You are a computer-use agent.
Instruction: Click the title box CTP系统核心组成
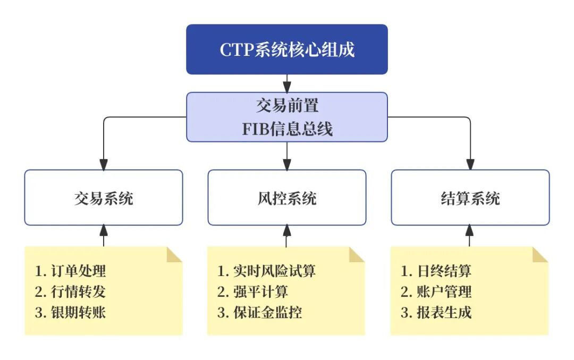click(287, 49)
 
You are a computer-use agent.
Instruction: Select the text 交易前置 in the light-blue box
click(287, 106)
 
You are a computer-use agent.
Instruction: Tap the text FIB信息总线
click(287, 129)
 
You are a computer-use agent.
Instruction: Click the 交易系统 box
click(104, 198)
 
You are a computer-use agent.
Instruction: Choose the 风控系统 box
click(287, 198)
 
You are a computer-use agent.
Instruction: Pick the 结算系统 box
click(470, 198)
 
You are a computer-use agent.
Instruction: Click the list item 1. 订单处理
click(71, 271)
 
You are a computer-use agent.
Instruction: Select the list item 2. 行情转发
click(71, 291)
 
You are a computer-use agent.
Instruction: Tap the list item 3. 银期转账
click(71, 312)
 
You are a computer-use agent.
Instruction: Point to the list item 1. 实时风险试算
click(266, 271)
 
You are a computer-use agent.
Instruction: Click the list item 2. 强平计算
click(253, 291)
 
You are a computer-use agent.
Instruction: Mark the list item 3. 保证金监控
click(260, 312)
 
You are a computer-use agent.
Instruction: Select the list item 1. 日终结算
click(436, 271)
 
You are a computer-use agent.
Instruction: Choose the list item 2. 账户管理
click(436, 291)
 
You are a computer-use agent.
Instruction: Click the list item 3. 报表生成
click(436, 312)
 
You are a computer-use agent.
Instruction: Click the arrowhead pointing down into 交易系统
click(104, 164)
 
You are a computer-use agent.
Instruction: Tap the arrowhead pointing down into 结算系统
click(470, 164)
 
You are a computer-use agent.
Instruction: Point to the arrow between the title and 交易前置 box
click(287, 83)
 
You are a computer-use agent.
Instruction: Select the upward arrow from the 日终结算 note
click(470, 235)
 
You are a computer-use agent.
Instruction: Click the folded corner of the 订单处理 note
click(174, 254)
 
